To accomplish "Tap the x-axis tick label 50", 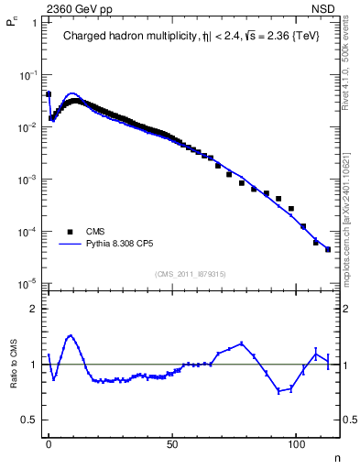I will tap(172, 443).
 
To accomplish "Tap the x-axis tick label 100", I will tap(296, 443).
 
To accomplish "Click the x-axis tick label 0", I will tap(49, 443).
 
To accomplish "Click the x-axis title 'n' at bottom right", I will tap(335, 457).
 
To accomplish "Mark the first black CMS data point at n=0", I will tap(49, 93).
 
